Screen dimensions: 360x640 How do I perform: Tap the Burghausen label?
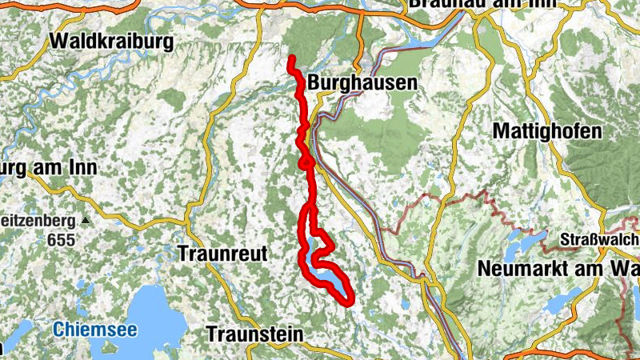(x=362, y=82)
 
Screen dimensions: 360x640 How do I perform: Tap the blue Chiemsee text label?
(x=96, y=329)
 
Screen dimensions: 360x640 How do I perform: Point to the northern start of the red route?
(x=291, y=60)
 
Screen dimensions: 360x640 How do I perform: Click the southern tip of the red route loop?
(x=349, y=302)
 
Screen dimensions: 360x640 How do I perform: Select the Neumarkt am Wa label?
(x=558, y=269)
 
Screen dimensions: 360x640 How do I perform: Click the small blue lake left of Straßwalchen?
(x=527, y=240)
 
